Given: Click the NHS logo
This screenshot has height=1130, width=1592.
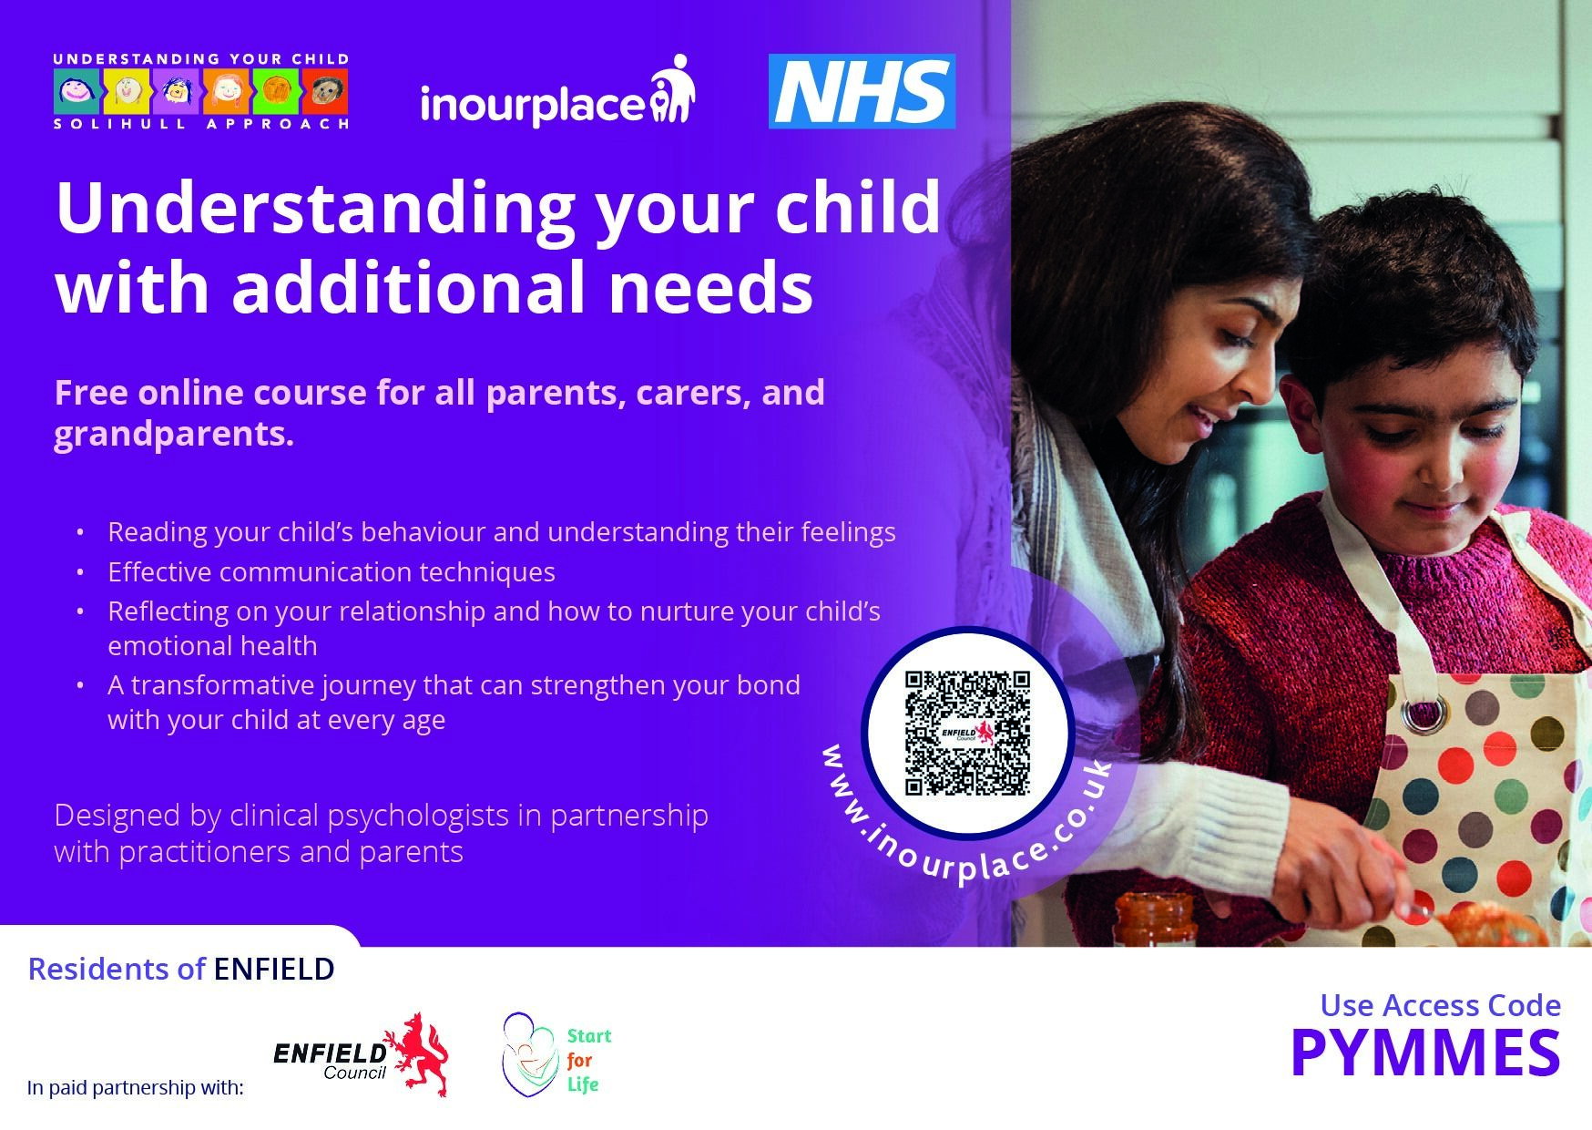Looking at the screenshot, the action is (862, 91).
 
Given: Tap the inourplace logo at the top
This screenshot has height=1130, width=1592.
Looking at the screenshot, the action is (557, 92).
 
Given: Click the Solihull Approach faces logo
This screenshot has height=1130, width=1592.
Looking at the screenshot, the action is (201, 91).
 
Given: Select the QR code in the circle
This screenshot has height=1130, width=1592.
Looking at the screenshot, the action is (967, 734).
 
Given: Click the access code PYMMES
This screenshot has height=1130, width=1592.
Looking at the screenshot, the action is (1425, 1052).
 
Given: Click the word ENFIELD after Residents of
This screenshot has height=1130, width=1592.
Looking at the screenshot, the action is (274, 969).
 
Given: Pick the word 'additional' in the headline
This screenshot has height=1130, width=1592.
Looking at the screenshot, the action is (410, 287).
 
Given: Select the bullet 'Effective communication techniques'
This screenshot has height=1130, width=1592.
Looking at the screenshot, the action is (332, 572).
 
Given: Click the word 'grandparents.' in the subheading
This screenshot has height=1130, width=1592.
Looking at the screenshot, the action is (174, 435).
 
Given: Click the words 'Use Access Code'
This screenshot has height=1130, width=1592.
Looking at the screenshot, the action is (1441, 1005).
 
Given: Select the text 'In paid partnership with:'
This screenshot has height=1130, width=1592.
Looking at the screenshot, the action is (136, 1087).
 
